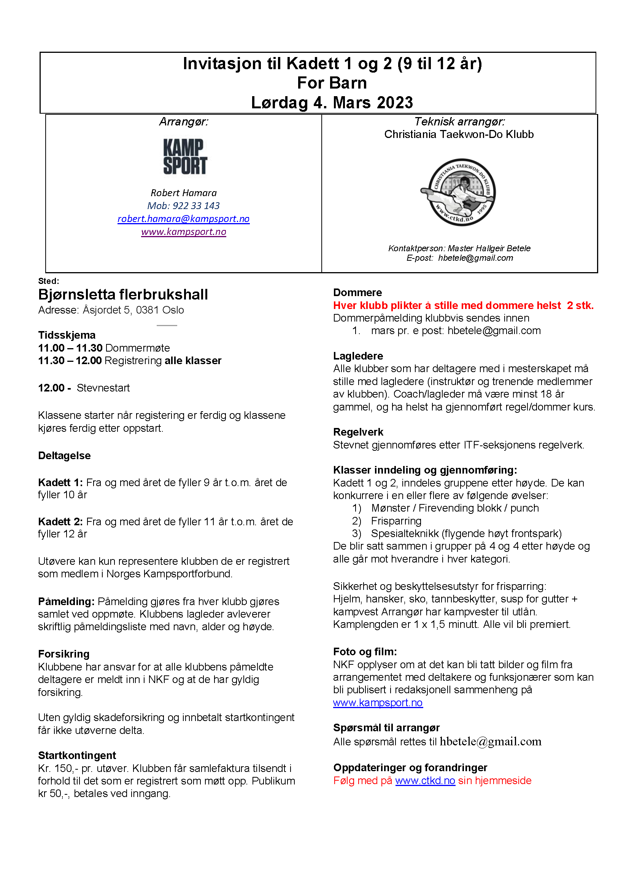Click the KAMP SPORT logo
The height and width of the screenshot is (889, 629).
pos(185,157)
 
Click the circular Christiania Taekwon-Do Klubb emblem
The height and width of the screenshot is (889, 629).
pos(458,192)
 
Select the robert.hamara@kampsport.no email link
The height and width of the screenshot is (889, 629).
pos(183,219)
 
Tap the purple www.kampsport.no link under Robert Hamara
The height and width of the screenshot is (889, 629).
pos(183,231)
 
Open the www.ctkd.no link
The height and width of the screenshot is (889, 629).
pos(425,781)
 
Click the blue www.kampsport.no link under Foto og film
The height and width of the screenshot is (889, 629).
pos(378,703)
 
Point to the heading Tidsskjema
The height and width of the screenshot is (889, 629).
pos(67,335)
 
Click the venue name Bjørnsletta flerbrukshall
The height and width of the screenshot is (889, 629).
pos(123,295)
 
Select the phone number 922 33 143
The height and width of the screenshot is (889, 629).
pos(196,206)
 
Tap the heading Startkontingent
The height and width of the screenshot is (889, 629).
pos(77,756)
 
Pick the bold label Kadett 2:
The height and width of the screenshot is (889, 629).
pos(60,522)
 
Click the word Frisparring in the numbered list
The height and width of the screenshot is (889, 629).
pos(396,521)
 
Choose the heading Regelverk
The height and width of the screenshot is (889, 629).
pos(358,432)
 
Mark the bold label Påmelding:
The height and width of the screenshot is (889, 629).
pos(66,602)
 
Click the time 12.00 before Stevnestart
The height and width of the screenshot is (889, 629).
pos(51,388)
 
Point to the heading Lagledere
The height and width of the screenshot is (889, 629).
pos(358,356)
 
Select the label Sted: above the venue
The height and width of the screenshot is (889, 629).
pos(48,281)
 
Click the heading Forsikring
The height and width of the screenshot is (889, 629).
pos(64,654)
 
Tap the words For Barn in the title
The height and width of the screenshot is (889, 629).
pos(332,83)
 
